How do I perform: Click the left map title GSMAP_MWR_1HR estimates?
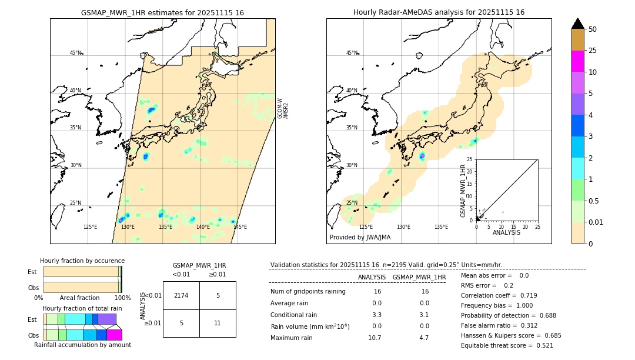[162, 12]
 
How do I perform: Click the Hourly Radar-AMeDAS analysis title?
[439, 12]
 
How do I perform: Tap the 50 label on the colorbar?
[593, 29]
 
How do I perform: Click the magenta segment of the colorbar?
[577, 61]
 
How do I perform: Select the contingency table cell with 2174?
[181, 295]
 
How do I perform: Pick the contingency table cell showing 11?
[218, 323]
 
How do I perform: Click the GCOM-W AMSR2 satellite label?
[283, 108]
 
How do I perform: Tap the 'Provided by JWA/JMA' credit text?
[360, 238]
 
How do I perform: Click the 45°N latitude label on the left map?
[75, 53]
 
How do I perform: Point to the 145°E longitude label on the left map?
[240, 227]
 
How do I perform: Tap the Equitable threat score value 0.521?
[541, 345]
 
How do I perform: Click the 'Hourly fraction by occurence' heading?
[82, 261]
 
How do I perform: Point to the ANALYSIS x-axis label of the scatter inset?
[506, 232]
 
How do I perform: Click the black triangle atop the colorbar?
[577, 24]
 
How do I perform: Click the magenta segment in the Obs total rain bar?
[114, 335]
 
